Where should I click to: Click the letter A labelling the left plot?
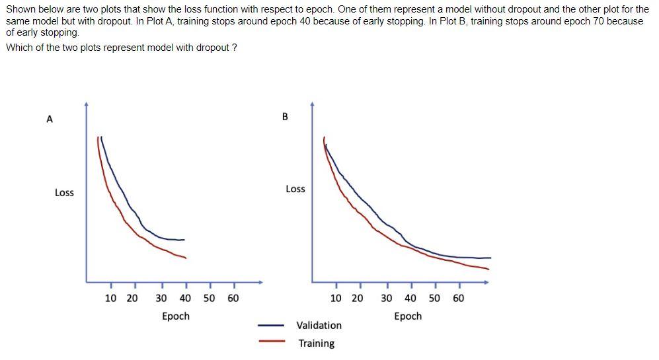click(49, 120)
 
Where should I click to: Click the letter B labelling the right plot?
click(285, 117)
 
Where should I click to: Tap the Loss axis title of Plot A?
click(64, 193)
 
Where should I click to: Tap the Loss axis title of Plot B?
click(295, 189)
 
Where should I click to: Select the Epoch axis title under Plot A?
click(176, 316)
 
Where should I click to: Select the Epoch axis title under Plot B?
click(408, 316)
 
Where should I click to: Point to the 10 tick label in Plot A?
click(111, 299)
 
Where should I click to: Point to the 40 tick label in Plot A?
click(185, 299)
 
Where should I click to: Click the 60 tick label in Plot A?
click(233, 299)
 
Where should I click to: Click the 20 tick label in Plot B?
click(357, 299)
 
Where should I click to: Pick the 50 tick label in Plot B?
click(435, 299)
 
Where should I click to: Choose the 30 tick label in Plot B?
click(387, 299)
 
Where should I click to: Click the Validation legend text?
click(319, 326)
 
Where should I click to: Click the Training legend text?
click(317, 343)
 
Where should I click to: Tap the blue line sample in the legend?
click(271, 326)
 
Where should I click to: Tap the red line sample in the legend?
click(271, 342)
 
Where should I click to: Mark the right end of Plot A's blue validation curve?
click(184, 240)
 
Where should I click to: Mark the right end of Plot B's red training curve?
click(488, 269)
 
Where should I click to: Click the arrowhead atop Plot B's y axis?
click(313, 104)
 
